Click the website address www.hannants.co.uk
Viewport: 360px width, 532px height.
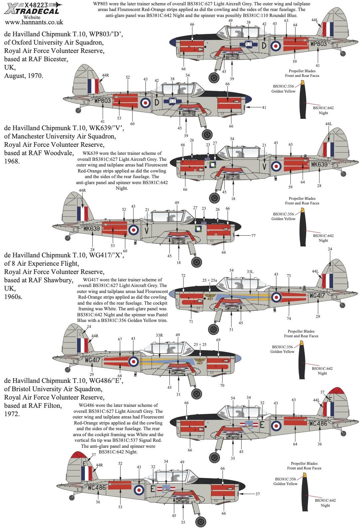click(x=34, y=23)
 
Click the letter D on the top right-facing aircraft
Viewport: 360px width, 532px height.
click(x=264, y=45)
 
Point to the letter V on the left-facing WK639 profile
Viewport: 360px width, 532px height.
click(x=146, y=230)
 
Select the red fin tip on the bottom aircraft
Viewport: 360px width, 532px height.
click(x=77, y=455)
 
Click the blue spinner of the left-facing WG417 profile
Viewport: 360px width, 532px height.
click(x=238, y=359)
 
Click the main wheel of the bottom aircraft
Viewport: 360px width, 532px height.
click(x=201, y=521)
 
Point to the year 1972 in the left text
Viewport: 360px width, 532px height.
click(x=12, y=414)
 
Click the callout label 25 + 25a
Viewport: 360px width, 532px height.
click(x=210, y=280)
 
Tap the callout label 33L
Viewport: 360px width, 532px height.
click(x=250, y=272)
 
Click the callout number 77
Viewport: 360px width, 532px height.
click(x=254, y=236)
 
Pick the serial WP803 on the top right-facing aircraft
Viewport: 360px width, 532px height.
click(x=318, y=44)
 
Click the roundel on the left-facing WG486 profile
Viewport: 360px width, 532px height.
click(x=139, y=490)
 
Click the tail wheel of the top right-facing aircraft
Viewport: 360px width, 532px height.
click(x=343, y=54)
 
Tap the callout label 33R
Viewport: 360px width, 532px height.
click(x=159, y=335)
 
